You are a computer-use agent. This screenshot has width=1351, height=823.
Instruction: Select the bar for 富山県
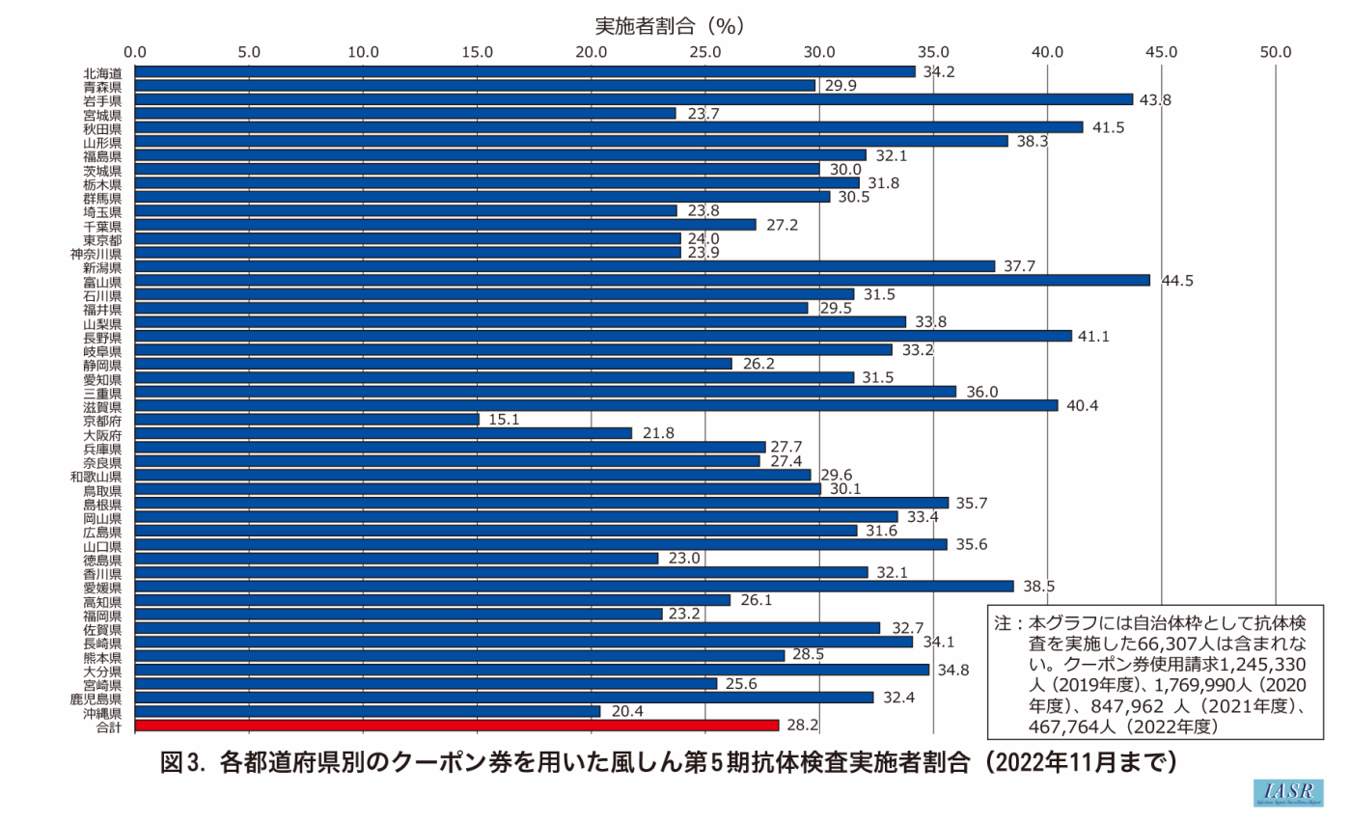coord(643,280)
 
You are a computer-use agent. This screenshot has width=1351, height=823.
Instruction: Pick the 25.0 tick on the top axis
coord(705,51)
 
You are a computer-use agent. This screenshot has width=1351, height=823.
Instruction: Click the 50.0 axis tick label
coord(1275,51)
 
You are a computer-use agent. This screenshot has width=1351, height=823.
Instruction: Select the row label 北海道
coord(102,71)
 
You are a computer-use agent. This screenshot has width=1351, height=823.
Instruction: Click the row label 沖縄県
coord(102,712)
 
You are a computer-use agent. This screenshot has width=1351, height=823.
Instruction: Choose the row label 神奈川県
coord(96,253)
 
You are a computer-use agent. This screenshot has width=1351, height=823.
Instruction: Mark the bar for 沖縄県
coord(368,711)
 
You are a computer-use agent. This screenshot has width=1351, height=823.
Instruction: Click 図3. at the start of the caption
coord(184,762)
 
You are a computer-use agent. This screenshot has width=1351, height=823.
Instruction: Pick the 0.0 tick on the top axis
coord(136,51)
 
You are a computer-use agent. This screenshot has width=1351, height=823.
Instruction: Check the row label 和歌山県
coord(96,476)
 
